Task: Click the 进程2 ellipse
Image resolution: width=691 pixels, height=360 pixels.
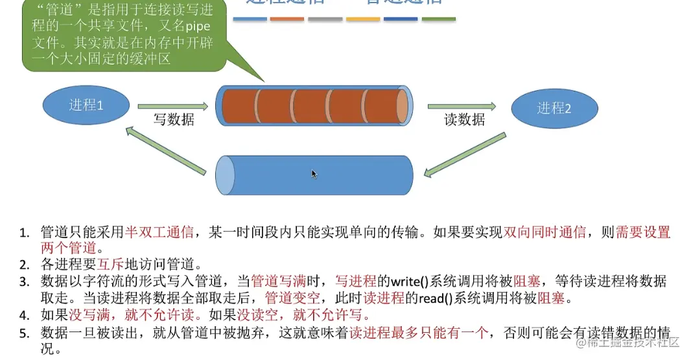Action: coord(554,108)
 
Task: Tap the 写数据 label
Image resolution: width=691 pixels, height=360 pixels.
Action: coord(173,120)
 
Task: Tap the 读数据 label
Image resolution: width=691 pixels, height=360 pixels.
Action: coord(464,120)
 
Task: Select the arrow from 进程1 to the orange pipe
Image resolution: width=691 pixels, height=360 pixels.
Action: coord(173,106)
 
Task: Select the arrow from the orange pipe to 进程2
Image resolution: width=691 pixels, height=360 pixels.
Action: coord(462,106)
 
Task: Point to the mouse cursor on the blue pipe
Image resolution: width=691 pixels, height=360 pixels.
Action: coord(314,173)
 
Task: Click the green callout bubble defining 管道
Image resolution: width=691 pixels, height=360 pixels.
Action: coord(123,36)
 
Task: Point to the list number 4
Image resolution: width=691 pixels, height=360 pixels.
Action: coord(24,316)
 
